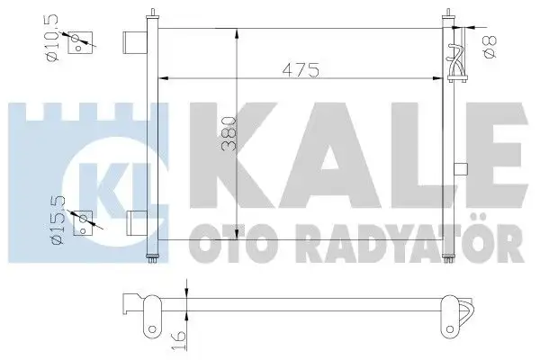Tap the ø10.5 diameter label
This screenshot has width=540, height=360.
(x=52, y=39)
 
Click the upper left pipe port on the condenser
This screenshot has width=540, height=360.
(x=134, y=41)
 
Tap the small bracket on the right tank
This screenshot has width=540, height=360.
(x=462, y=167)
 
